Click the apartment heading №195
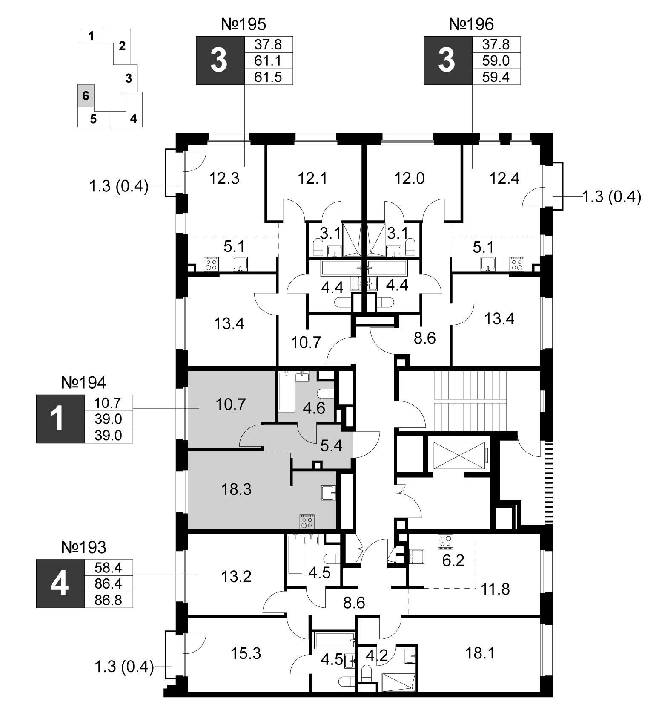244,24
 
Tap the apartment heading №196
471,24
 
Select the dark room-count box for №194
60,419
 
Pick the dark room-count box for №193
60,583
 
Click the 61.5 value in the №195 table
268,77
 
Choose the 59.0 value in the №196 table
496,61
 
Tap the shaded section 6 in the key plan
86,95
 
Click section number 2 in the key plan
122,46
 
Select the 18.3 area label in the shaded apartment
236,490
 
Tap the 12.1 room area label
312,178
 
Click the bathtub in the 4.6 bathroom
287,391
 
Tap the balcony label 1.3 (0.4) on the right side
611,197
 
